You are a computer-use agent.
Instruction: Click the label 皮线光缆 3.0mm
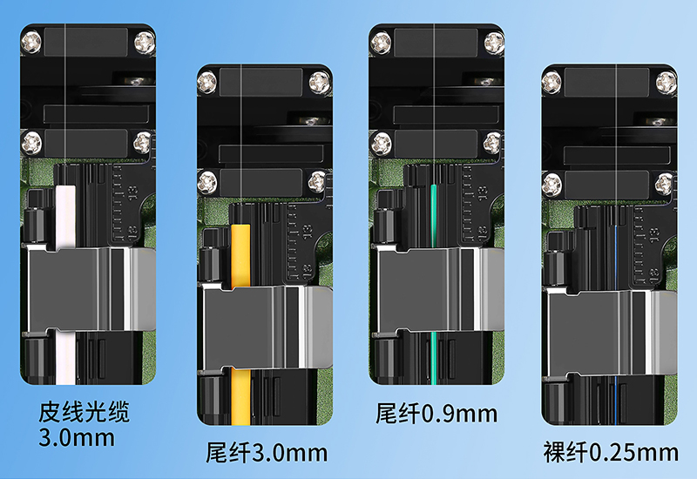[x=84, y=424]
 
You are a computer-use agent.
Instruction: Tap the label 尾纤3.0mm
[x=267, y=453]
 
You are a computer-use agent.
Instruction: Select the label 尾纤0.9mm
[x=436, y=414]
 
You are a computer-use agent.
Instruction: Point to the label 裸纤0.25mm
[x=611, y=452]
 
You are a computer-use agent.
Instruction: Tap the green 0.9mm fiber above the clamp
[x=434, y=216]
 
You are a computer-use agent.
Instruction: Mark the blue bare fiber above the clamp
[x=616, y=257]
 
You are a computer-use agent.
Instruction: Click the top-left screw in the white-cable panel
[x=31, y=43]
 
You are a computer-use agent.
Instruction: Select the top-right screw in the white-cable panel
[x=145, y=43]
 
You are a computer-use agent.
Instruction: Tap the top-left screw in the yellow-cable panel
[x=207, y=83]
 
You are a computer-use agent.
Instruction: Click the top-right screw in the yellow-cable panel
[x=320, y=83]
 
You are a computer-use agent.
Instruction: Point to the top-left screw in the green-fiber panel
[x=381, y=43]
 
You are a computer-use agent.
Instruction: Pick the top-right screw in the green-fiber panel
[x=493, y=43]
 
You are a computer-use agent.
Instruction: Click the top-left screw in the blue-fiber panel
[x=552, y=83]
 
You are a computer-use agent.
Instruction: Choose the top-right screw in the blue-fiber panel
[x=666, y=83]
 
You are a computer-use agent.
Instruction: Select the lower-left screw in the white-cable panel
[x=32, y=143]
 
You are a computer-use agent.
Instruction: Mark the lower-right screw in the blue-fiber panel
[x=664, y=184]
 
